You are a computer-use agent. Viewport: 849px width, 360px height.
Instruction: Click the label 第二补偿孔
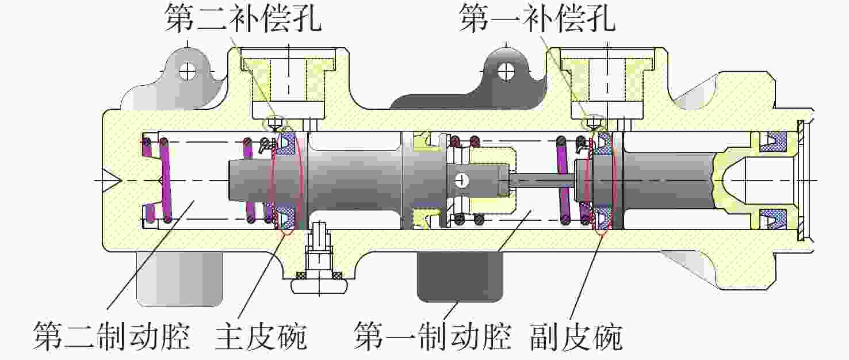pos(243,18)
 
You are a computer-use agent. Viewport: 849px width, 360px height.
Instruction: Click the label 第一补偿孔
pos(537,18)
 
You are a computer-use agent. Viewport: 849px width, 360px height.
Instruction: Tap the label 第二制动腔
pos(111,336)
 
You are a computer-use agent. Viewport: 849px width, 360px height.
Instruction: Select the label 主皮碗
pos(261,336)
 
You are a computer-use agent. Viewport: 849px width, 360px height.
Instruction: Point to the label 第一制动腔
pos(433,336)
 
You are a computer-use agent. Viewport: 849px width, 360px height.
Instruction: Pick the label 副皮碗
pos(576,336)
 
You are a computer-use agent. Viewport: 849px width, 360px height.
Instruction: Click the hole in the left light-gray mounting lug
pos(188,71)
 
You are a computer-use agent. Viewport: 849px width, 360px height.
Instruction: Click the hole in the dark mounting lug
pos(507,71)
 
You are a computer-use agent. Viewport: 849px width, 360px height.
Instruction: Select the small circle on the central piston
pos(461,181)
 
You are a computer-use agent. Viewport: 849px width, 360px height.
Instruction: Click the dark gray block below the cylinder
pos(460,277)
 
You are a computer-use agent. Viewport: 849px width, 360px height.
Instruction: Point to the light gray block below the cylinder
pos(179,279)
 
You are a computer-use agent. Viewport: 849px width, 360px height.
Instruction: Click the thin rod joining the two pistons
pos(542,181)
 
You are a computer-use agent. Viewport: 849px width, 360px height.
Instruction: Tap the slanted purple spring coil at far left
pos(165,181)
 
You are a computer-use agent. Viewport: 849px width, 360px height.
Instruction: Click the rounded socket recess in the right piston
pos(729,181)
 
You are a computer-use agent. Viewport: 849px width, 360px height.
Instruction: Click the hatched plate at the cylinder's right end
pos(801,181)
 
